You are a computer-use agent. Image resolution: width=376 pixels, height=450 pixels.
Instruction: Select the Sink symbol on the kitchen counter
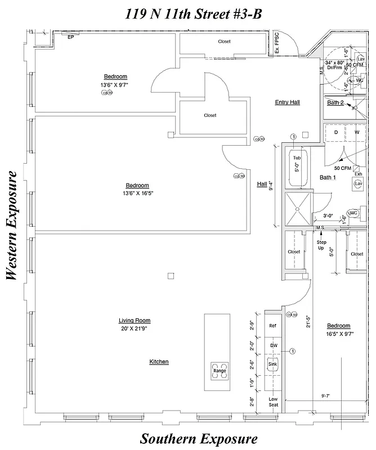(273, 364)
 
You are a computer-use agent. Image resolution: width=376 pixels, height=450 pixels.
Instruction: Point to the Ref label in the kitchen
(273, 326)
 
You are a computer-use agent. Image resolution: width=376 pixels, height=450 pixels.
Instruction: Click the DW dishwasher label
(273, 345)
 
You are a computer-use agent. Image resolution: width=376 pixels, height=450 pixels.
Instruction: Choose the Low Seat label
(273, 402)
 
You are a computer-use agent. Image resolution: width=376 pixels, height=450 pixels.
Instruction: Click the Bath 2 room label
(335, 102)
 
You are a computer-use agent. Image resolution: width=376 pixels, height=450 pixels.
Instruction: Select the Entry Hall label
(287, 102)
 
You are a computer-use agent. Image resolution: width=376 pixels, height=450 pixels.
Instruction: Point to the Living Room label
(135, 321)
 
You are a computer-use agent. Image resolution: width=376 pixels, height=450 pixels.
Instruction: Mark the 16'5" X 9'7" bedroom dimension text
(338, 333)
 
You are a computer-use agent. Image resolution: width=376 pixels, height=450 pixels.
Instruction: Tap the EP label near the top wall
(70, 37)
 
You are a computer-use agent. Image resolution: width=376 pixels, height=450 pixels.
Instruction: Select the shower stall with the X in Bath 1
(297, 208)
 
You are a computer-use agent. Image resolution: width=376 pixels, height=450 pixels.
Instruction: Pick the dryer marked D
(336, 132)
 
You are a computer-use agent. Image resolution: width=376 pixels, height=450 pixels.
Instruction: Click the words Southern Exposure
(199, 438)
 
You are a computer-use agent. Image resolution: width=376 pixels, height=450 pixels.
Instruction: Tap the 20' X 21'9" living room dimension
(135, 328)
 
